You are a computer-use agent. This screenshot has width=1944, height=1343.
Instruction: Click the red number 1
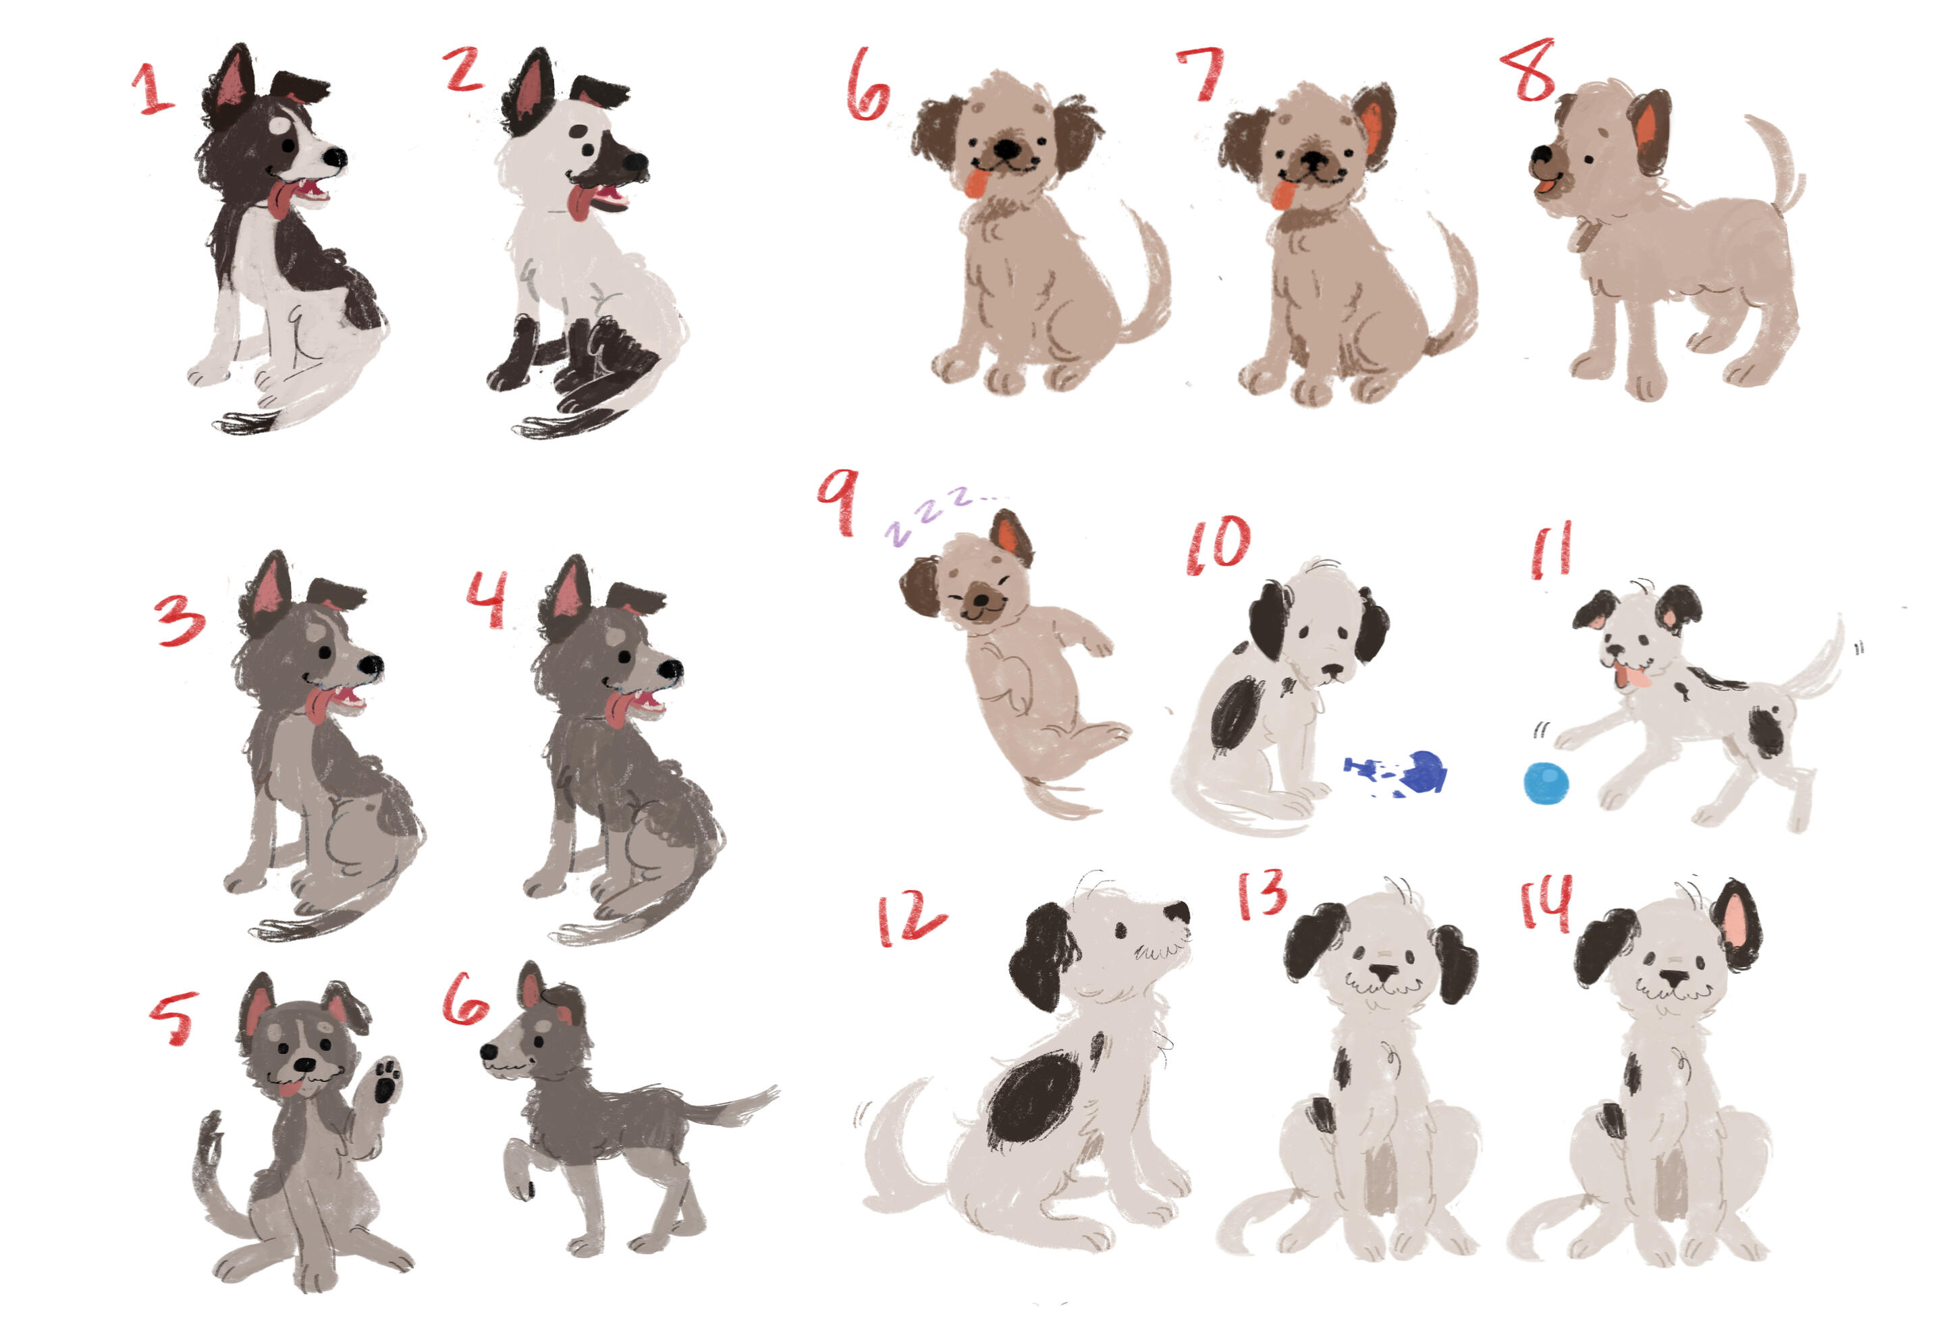click(153, 88)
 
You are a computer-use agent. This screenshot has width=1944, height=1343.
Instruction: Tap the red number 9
click(838, 502)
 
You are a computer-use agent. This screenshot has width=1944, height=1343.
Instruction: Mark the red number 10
click(1218, 545)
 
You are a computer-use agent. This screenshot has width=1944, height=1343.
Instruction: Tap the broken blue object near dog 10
click(1397, 773)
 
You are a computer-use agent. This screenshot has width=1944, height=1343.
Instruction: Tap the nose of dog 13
click(1382, 972)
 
